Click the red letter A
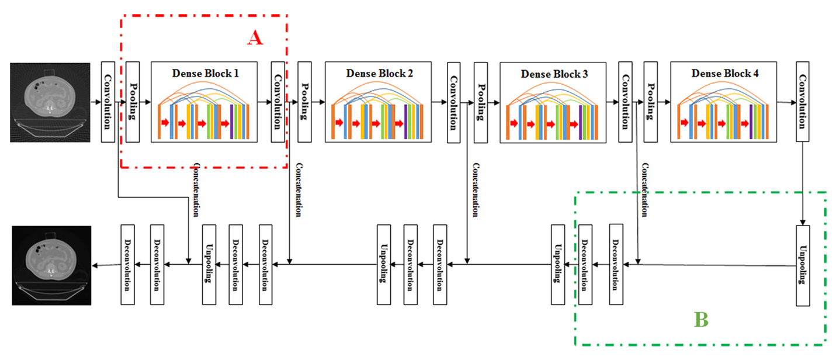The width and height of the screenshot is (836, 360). click(255, 38)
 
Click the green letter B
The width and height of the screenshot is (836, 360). click(701, 320)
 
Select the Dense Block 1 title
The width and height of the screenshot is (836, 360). click(205, 74)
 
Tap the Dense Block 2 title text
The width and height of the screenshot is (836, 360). click(379, 74)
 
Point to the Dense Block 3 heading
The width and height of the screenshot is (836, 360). click(553, 74)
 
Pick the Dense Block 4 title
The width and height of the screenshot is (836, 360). click(725, 74)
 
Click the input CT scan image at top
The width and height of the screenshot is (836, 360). click(50, 102)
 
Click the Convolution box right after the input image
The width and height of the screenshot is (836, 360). click(107, 101)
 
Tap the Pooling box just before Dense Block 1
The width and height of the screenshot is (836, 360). click(133, 101)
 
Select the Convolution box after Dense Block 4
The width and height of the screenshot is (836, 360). click(802, 101)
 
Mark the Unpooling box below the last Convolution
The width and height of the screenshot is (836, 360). click(803, 264)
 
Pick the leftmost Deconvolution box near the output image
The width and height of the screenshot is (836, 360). click(127, 264)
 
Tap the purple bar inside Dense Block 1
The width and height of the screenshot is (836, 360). click(232, 122)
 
